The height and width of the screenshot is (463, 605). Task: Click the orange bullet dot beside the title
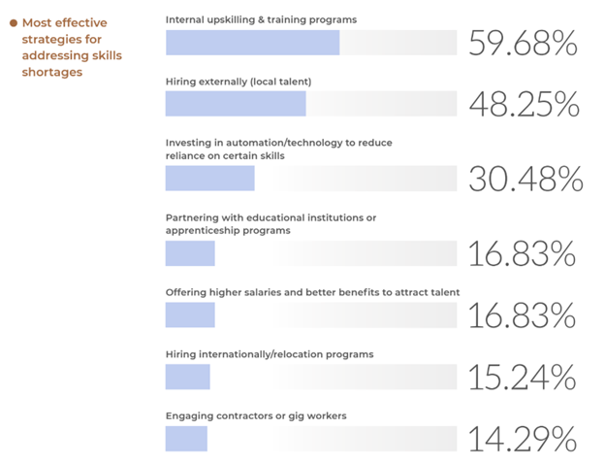pyautogui.click(x=14, y=23)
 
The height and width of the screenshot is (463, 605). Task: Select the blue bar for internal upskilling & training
pyautogui.click(x=252, y=43)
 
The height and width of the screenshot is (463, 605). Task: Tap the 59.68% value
pyautogui.click(x=523, y=44)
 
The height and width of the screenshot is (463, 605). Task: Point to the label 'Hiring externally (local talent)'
pyautogui.click(x=239, y=80)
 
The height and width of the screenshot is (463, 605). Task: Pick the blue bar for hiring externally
pyautogui.click(x=236, y=104)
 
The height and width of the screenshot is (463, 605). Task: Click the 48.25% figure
pyautogui.click(x=523, y=105)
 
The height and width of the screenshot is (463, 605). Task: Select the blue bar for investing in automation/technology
pyautogui.click(x=209, y=179)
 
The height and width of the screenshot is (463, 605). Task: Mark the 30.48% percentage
pyautogui.click(x=525, y=179)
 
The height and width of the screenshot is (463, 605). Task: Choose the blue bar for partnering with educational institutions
pyautogui.click(x=190, y=253)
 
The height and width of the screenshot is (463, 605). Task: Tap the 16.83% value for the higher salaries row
pyautogui.click(x=523, y=314)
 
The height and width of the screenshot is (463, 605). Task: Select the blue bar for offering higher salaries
pyautogui.click(x=190, y=314)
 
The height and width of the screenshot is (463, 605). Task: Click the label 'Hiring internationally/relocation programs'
pyautogui.click(x=270, y=354)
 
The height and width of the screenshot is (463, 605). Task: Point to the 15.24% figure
pyautogui.click(x=523, y=377)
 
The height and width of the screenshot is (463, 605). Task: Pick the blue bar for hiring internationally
pyautogui.click(x=187, y=377)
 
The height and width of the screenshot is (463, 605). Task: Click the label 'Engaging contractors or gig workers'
pyautogui.click(x=256, y=415)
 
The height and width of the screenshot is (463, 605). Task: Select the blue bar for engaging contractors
pyautogui.click(x=186, y=439)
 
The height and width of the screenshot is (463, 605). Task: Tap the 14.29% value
pyautogui.click(x=523, y=439)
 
